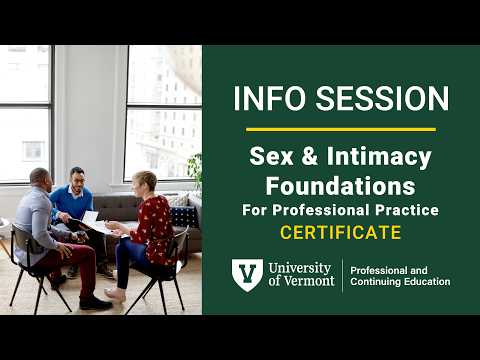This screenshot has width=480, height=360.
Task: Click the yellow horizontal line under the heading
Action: pyautogui.click(x=340, y=129)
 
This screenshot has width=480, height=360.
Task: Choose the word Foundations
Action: pyautogui.click(x=340, y=185)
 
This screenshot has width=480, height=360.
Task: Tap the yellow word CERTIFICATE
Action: pyautogui.click(x=340, y=233)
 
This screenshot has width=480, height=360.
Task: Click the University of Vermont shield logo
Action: pyautogui.click(x=247, y=275)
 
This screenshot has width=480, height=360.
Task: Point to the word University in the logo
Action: pyautogui.click(x=304, y=267)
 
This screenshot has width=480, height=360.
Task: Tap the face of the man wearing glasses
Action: pyautogui.click(x=78, y=179)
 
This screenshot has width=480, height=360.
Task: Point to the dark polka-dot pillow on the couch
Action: pyautogui.click(x=183, y=216)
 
